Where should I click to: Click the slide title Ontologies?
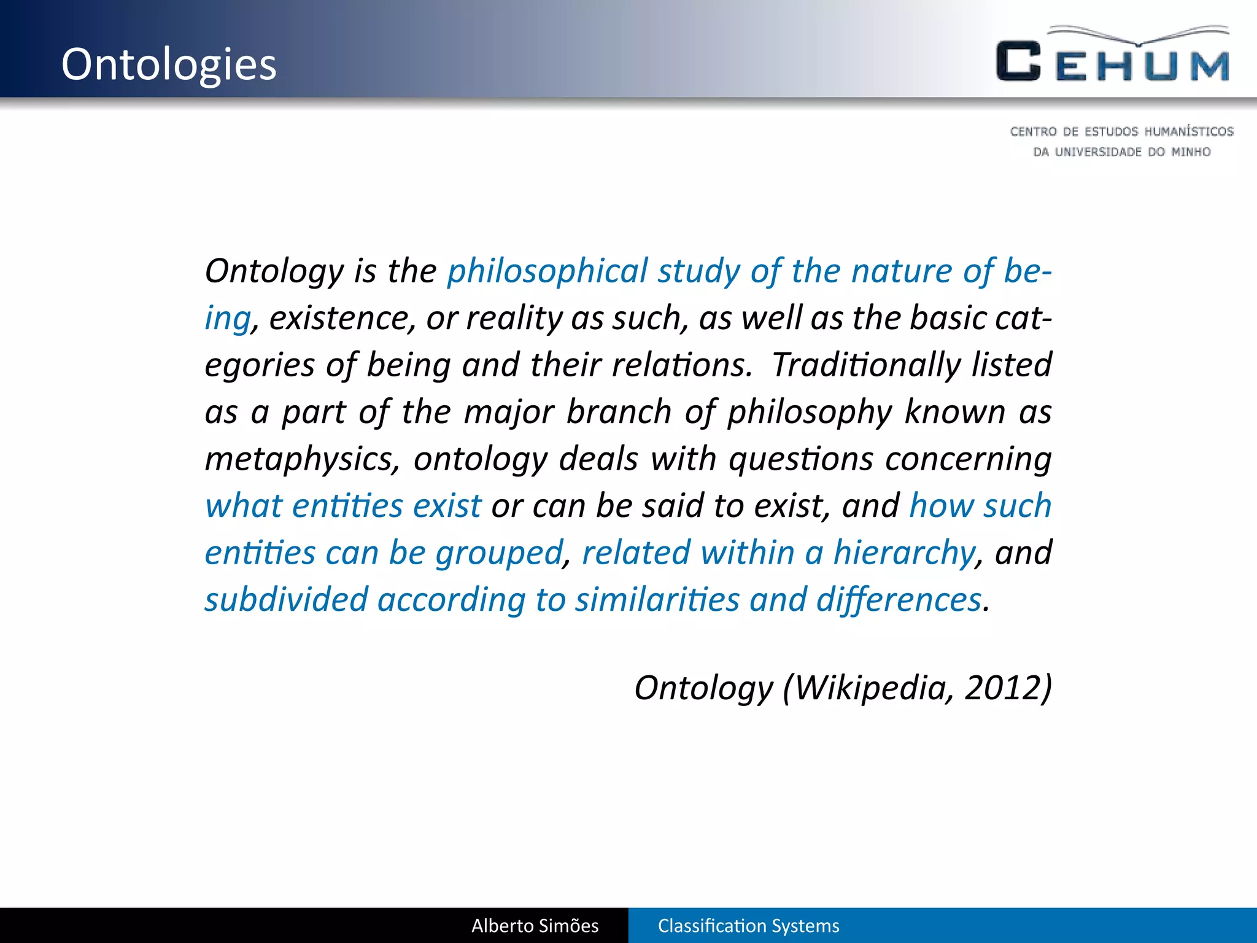coord(169,64)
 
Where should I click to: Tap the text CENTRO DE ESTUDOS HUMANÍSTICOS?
coord(1121,131)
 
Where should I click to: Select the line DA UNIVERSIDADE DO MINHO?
coord(1121,152)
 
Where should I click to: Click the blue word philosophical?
coord(547,271)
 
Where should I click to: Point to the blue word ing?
coord(227,319)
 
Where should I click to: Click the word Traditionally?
coord(866,365)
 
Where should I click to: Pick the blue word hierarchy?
coord(903,553)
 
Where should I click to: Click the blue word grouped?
coord(499,553)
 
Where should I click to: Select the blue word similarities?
coord(657,600)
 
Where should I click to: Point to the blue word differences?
coord(899,600)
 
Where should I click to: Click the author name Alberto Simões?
coord(535,926)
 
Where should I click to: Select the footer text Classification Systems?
coord(748,926)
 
